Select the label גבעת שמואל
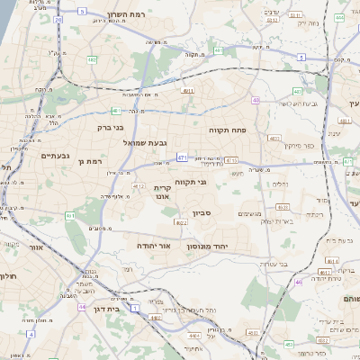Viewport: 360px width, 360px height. tap(141, 141)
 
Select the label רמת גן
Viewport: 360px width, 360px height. tap(93, 161)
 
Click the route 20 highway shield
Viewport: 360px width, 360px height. tap(58, 18)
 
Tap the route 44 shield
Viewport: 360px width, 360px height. tap(82, 306)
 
